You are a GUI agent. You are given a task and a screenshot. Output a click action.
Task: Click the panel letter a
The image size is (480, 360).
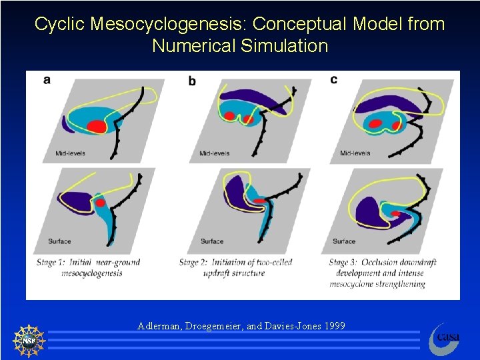coord(47,80)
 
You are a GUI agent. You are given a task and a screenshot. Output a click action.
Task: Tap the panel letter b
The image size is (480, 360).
coord(192,81)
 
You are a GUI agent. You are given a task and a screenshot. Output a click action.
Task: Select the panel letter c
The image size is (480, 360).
coord(333,80)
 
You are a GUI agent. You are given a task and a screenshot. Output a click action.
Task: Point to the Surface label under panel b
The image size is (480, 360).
coord(212,241)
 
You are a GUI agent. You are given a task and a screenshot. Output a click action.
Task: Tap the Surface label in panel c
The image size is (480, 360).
coord(344,241)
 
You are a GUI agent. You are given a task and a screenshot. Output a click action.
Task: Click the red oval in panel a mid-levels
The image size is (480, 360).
coord(97,126)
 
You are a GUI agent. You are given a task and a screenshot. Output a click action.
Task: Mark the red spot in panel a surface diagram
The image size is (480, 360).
coord(101,202)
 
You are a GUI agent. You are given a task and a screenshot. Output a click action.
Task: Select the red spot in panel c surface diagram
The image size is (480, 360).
coord(395,214)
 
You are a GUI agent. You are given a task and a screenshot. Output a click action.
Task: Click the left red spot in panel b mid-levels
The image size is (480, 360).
coord(229,116)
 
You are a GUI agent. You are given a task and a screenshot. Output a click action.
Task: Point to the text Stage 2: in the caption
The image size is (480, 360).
coord(193,263)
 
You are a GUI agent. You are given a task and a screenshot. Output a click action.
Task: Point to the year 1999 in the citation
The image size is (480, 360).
coord(333,326)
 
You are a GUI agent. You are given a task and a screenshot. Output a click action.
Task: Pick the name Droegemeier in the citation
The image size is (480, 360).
coord(211,326)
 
